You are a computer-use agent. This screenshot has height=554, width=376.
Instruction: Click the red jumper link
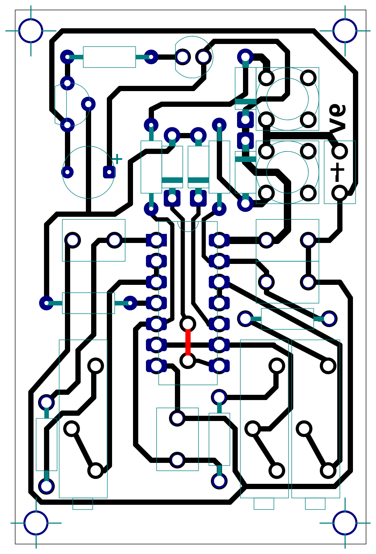188,342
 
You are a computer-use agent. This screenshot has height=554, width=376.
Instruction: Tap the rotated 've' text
337,119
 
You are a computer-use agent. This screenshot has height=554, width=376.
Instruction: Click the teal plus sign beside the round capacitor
117,159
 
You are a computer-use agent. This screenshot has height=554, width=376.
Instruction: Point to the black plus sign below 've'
337,170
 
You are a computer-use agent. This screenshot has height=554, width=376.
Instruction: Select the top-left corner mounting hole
31,31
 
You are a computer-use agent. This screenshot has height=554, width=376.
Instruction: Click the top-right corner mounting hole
345,31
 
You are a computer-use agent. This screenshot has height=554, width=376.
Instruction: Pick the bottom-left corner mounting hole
36,523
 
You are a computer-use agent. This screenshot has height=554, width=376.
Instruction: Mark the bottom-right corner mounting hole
345,523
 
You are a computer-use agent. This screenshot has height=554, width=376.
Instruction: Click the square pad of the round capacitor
109,172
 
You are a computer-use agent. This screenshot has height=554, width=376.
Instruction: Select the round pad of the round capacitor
67,172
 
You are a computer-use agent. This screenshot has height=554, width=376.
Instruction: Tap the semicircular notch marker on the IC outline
188,227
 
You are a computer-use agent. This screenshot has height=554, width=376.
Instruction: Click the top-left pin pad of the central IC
156,240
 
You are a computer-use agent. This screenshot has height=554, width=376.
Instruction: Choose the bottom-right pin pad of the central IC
219,365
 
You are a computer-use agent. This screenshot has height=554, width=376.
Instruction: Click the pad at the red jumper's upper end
188,324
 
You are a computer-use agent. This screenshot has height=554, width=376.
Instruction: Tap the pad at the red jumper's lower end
188,360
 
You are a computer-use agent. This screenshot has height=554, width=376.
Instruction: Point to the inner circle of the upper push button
287,99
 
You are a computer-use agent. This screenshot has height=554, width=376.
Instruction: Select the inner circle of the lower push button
287,172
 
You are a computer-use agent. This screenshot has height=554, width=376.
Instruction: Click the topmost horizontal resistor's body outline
109,57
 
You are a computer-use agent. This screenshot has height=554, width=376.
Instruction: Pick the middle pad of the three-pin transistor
88,104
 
